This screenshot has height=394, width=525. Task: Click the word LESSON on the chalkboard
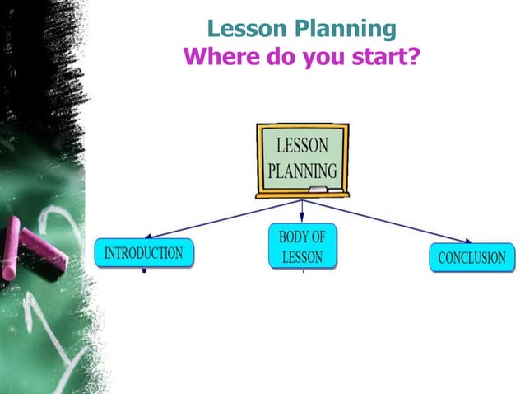coord(301,146)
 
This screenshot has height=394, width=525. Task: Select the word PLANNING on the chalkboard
coord(302,171)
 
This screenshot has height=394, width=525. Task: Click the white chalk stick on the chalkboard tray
coord(335,190)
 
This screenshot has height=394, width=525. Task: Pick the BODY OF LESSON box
coord(302,247)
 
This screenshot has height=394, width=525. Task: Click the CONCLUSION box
coord(472,258)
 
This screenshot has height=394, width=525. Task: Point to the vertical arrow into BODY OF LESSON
coord(302,211)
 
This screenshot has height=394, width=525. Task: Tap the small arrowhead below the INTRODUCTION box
coord(144,270)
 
